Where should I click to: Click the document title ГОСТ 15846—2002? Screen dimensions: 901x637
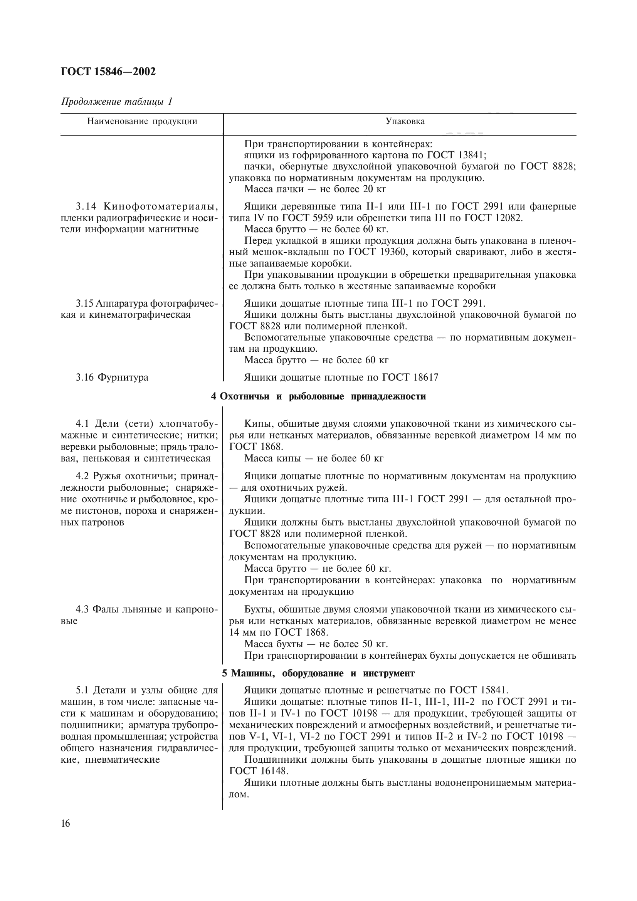[x=108, y=72]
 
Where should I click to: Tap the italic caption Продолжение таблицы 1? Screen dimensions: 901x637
[x=116, y=102]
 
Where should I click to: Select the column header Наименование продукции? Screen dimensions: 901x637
[x=142, y=121]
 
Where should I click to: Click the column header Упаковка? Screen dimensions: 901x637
[x=405, y=121]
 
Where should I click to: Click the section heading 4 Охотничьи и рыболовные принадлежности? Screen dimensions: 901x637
[x=318, y=396]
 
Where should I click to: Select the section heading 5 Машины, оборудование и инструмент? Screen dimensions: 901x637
[x=318, y=673]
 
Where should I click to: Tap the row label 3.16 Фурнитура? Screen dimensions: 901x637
[x=112, y=378]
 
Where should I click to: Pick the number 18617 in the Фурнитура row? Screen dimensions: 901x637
[x=426, y=378]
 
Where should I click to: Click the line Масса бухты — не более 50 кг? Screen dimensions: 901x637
[x=316, y=644]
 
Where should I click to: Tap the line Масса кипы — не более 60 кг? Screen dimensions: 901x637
[x=314, y=458]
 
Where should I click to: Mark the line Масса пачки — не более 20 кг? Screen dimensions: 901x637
[x=315, y=190]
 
